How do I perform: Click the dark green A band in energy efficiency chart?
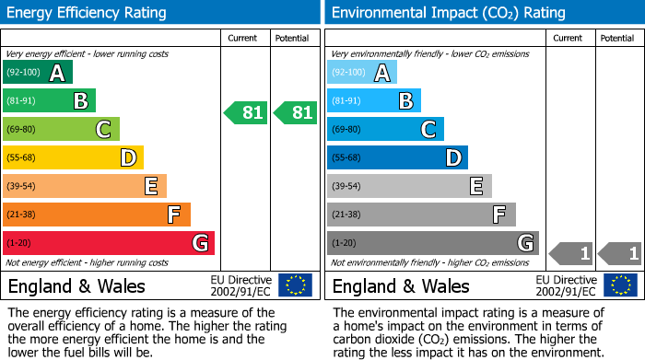[x=38, y=73]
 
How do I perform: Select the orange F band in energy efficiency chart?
[x=97, y=215]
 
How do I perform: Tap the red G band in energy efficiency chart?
[x=109, y=243]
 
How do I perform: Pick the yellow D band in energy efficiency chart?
[x=73, y=157]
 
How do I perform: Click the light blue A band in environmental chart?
[x=362, y=73]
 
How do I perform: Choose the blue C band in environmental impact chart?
[x=385, y=129]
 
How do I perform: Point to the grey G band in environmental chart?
[x=432, y=243]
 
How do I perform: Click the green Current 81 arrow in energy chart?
[x=246, y=113]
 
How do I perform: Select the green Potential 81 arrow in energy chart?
[x=296, y=113]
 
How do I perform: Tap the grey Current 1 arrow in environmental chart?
[x=571, y=252]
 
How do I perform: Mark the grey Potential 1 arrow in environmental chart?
[x=620, y=252]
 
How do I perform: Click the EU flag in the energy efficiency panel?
[x=295, y=285]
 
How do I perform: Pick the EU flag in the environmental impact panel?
[x=620, y=285]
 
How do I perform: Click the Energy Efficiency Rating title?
[x=88, y=13]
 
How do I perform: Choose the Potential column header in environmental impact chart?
[x=617, y=38]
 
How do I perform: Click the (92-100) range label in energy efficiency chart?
[x=23, y=73]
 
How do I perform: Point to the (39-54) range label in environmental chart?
[x=347, y=186]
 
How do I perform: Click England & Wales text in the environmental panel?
[x=401, y=285]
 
